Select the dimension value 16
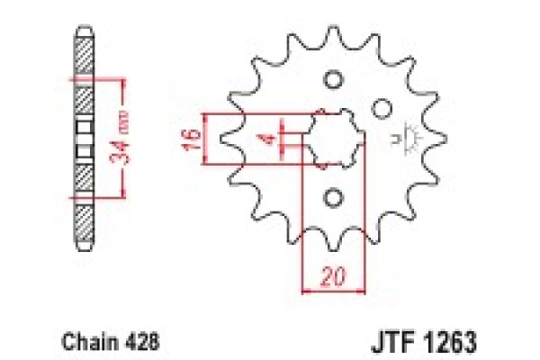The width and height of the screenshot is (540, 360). pos(190,139)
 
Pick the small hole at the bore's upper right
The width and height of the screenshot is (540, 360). pos(382,108)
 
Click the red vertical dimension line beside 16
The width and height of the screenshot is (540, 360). pos(207,139)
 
